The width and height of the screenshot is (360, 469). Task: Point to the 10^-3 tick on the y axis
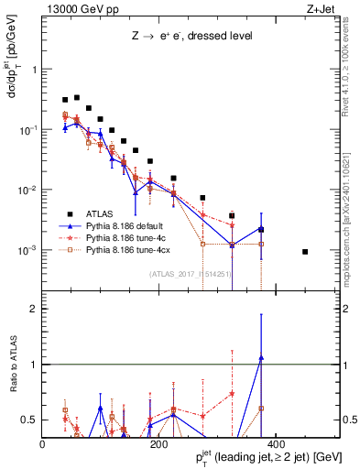28,250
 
